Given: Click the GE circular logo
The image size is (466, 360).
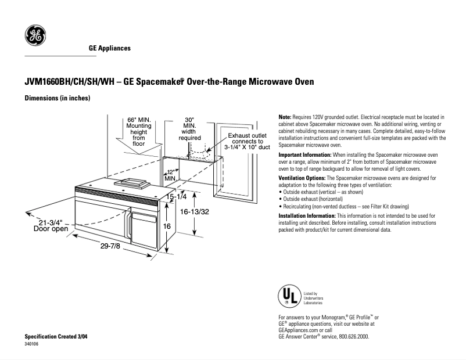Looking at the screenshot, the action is [x=35, y=37].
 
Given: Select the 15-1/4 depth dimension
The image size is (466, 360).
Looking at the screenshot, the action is [x=175, y=197].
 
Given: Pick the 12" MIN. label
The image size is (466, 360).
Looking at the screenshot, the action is [x=170, y=175].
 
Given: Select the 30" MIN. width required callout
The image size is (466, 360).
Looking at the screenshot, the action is [x=189, y=128].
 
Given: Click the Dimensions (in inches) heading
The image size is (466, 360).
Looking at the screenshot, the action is [x=57, y=98].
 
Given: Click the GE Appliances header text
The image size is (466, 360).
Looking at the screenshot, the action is [x=109, y=48].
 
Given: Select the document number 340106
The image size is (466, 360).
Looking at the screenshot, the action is [x=32, y=344].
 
